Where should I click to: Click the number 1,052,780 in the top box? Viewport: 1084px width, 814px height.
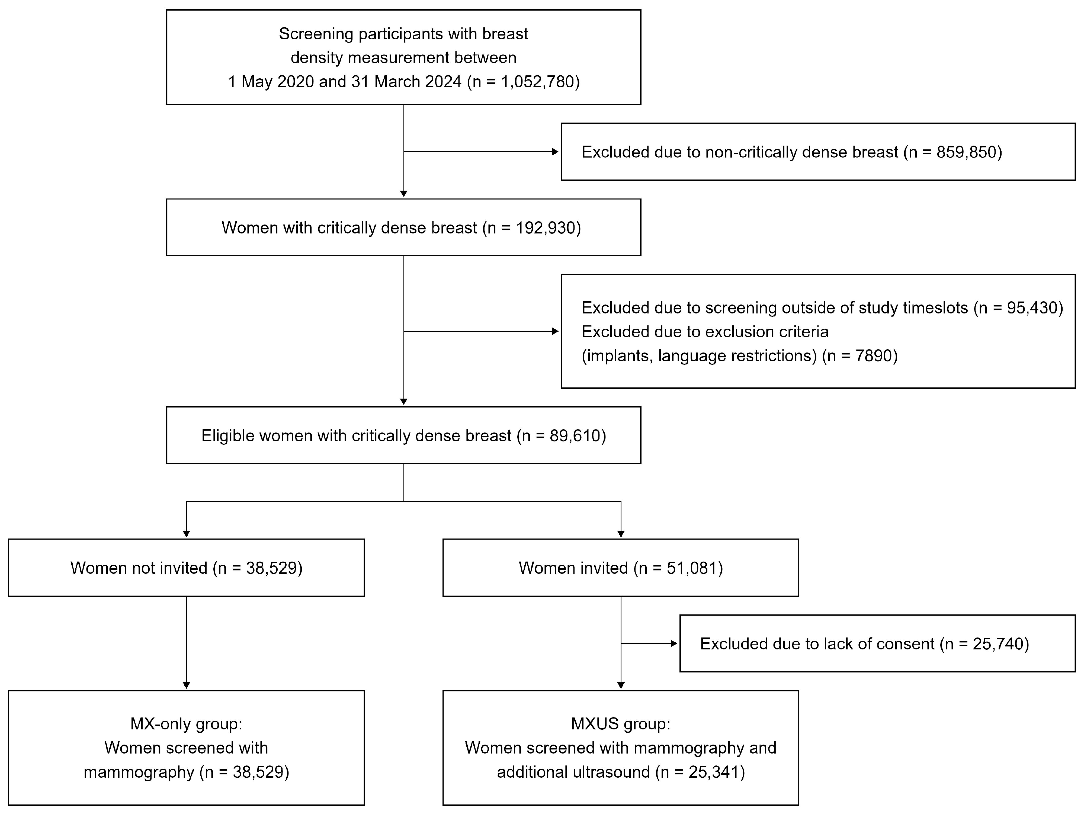pyautogui.click(x=537, y=81)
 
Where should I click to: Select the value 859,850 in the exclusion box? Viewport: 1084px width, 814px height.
pyautogui.click(x=966, y=152)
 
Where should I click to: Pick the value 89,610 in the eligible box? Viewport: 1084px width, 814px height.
pyautogui.click(x=574, y=436)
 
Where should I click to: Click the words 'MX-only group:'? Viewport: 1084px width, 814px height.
pyautogui.click(x=186, y=724)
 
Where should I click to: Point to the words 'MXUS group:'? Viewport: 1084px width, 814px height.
pyautogui.click(x=621, y=724)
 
